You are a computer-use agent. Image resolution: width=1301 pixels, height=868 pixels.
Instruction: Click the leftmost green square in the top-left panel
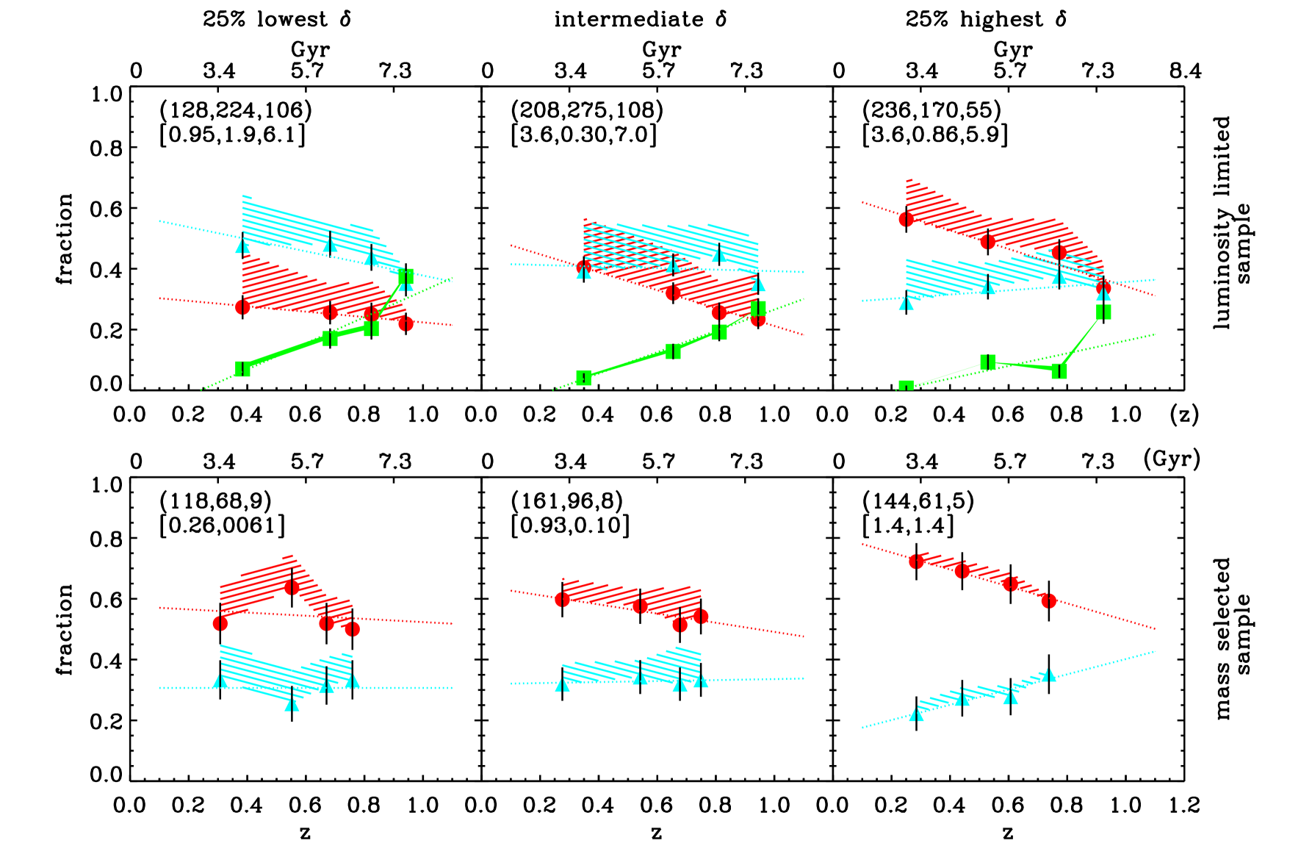pos(242,368)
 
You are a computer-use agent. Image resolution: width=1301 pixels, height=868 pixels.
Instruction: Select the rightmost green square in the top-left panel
pos(406,277)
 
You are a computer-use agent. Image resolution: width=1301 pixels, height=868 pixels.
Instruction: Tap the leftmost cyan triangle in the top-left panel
pos(242,245)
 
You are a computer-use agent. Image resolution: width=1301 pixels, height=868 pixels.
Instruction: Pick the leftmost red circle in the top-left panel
pos(242,306)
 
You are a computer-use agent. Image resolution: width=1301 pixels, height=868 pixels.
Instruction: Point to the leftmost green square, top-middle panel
pos(583,378)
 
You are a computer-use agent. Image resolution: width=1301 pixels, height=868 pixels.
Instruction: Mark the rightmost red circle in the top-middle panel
pos(758,319)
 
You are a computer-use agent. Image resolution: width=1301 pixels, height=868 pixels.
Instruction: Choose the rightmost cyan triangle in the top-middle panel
pos(758,284)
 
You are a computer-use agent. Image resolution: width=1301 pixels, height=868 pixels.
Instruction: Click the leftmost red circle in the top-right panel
pos(906,218)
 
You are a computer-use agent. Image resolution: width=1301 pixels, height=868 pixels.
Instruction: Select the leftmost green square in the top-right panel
pos(906,386)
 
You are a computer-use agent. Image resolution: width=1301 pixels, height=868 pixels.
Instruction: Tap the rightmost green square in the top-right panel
pos(1103,312)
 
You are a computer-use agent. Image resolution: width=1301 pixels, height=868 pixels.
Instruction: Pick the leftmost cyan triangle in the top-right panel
pos(906,302)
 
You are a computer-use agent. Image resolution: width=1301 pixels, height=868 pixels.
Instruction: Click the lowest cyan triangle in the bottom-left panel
pos(292,703)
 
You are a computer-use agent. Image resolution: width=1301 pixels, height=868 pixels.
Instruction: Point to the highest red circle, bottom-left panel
pos(292,587)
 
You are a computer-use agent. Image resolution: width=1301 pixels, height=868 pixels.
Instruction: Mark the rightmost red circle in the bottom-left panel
pos(352,628)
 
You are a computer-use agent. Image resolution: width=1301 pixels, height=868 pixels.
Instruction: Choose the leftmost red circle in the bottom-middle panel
pos(562,599)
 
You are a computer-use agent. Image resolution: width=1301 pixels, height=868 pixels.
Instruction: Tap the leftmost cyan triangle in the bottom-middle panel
pos(562,684)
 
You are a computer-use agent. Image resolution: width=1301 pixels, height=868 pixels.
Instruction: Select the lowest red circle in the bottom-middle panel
pos(680,625)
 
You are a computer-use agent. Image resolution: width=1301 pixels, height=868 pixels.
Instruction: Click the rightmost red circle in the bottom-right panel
pos(1048,600)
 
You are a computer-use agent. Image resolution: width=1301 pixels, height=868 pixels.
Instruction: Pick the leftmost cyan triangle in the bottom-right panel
pos(916,714)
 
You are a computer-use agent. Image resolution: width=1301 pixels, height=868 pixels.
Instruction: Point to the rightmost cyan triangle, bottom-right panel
pos(1048,675)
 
